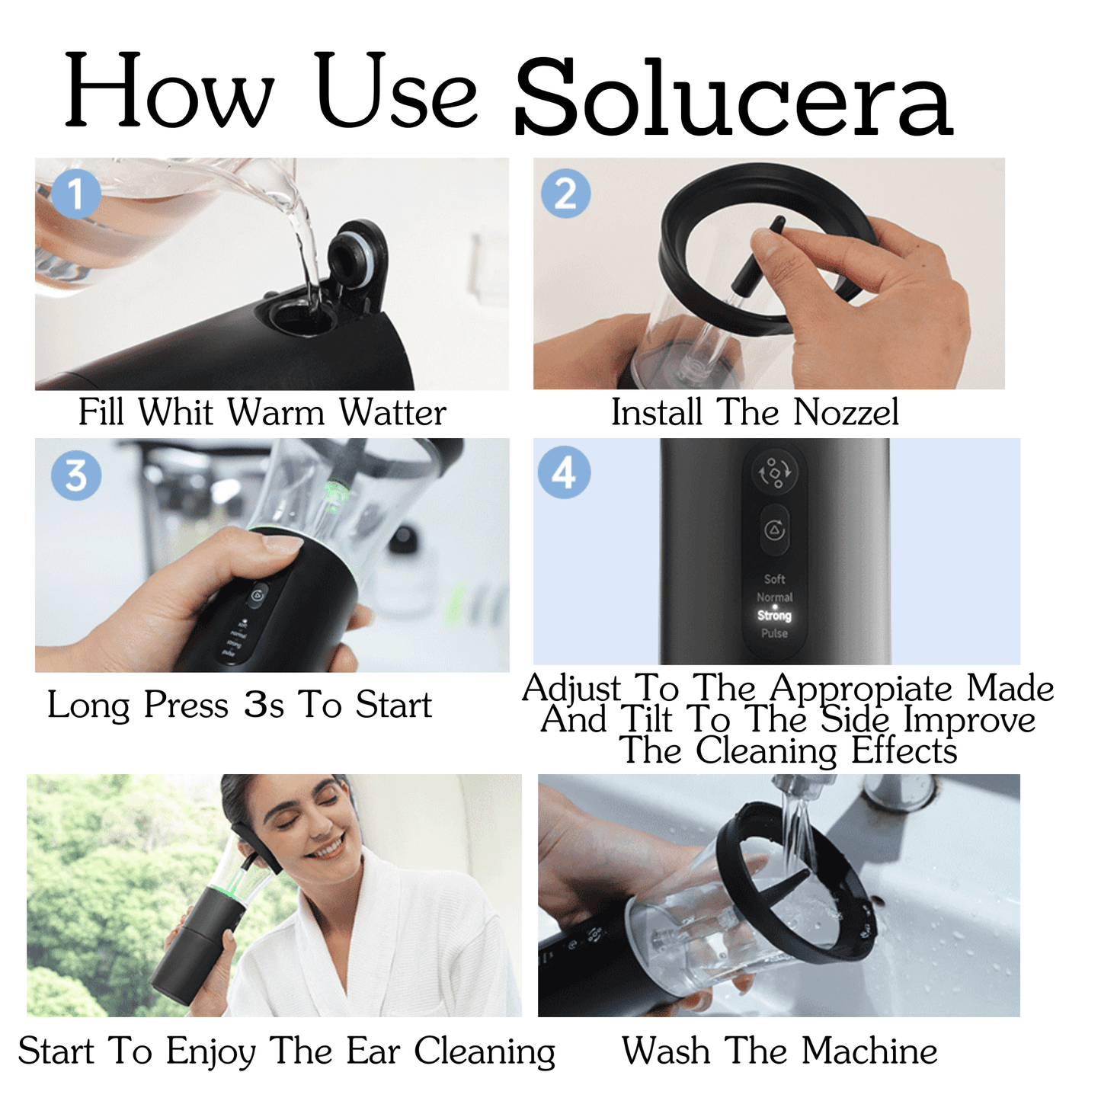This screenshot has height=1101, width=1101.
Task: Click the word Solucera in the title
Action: pos(733,99)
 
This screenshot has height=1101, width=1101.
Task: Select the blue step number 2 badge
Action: pos(565,194)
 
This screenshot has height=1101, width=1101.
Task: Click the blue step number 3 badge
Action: pos(75,475)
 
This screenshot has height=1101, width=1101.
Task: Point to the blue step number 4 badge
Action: pos(564,472)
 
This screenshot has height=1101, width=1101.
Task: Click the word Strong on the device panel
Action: pos(774,616)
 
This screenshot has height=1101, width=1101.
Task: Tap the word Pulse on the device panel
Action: pos(774,633)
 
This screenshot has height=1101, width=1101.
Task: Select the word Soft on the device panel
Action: pos(774,579)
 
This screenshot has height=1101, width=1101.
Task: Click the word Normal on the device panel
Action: pos(774,597)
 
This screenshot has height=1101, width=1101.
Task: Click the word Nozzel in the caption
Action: pos(846,412)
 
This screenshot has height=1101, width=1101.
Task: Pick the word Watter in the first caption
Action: pos(392,412)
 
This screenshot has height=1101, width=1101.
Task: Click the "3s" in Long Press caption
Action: pos(264,705)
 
